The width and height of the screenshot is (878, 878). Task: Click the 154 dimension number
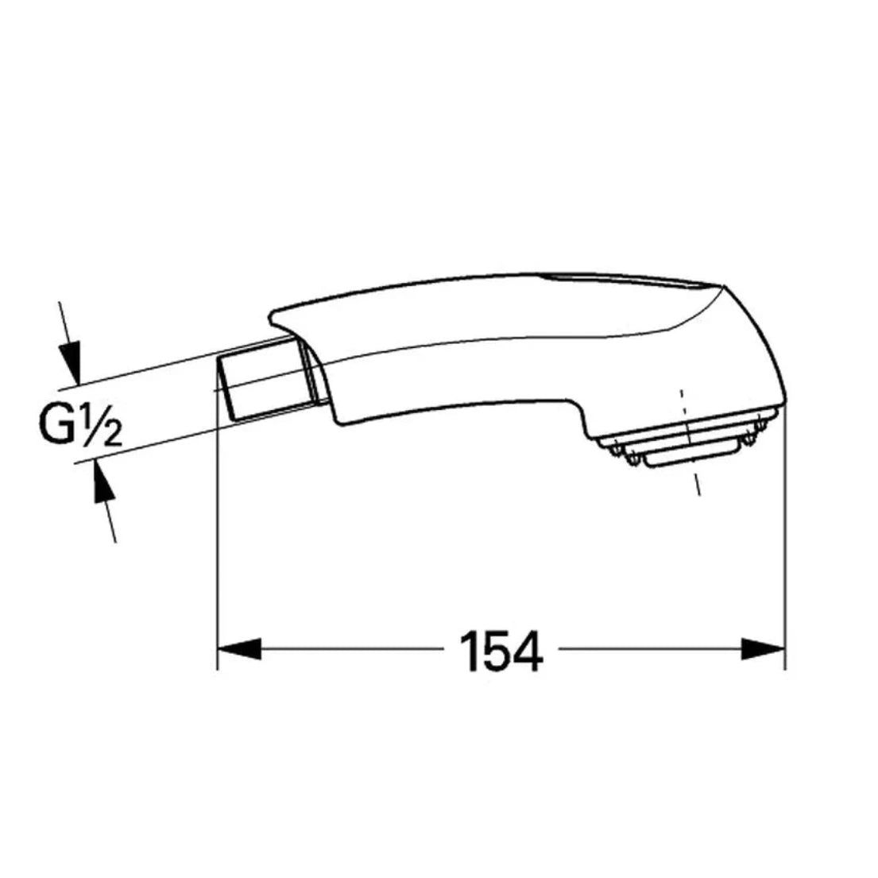pyautogui.click(x=501, y=652)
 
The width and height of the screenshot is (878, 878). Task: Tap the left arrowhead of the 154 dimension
pyautogui.click(x=239, y=649)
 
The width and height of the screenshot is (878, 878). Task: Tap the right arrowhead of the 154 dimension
pyautogui.click(x=763, y=649)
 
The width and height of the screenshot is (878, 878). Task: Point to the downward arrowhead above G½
pyautogui.click(x=71, y=362)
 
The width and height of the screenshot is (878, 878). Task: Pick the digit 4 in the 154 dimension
pyautogui.click(x=525, y=652)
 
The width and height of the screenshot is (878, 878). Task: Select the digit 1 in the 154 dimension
pyautogui.click(x=470, y=652)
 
